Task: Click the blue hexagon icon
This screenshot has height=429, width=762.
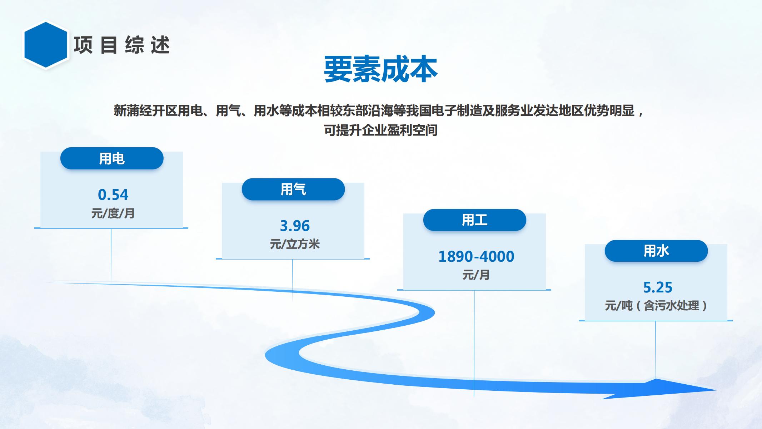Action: (x=46, y=45)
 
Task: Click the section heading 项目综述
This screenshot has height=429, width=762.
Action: (x=122, y=45)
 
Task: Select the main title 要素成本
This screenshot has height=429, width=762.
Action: (x=380, y=69)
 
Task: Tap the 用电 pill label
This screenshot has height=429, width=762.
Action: (x=112, y=158)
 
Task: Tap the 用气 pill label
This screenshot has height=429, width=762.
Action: (x=293, y=189)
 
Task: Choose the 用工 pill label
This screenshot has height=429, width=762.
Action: (x=475, y=220)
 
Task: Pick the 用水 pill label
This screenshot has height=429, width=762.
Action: (x=656, y=251)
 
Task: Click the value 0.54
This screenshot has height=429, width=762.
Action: (x=113, y=195)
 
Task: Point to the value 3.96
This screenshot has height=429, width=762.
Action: (x=295, y=226)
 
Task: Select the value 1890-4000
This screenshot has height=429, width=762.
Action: (x=476, y=257)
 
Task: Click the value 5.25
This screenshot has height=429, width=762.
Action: (x=658, y=287)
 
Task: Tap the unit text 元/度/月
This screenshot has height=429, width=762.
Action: (x=113, y=213)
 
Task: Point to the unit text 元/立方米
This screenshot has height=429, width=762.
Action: (x=295, y=244)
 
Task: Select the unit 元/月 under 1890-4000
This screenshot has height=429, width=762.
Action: (x=476, y=275)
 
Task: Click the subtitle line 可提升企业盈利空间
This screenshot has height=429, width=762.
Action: (x=380, y=130)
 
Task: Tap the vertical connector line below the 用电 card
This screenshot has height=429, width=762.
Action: (x=111, y=256)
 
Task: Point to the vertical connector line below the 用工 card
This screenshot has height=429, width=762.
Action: (x=474, y=343)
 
